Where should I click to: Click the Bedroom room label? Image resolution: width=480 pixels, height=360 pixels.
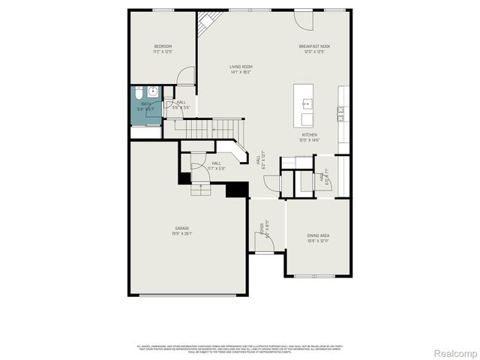163,46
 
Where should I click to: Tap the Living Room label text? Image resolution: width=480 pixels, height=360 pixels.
240,67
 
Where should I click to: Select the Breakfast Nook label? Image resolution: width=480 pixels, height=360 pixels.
315,46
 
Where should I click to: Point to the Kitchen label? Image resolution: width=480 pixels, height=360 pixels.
310,135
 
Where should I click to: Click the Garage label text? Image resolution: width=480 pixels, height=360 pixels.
182,228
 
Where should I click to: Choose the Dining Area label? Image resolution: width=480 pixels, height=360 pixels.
319,236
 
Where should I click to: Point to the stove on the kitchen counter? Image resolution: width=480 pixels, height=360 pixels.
341,113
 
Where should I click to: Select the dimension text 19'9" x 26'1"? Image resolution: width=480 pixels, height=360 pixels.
182,233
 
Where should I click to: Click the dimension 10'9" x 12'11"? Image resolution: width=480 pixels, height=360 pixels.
319,241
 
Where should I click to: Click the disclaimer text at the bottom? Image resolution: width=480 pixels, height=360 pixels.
240,348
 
